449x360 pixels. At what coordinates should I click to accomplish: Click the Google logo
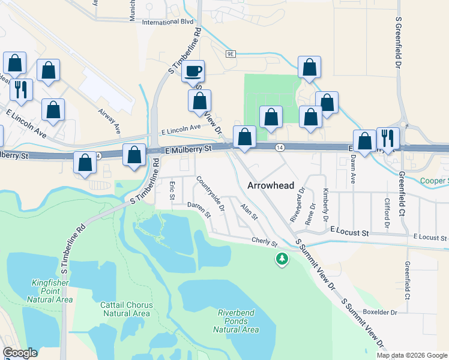tap(20, 353)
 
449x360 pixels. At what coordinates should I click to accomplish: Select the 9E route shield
tap(231, 54)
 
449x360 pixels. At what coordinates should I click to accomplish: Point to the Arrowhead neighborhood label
tap(269, 186)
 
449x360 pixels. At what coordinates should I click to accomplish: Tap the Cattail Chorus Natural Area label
tap(126, 309)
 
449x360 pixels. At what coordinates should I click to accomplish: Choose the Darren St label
tap(199, 209)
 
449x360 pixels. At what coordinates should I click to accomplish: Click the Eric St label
tap(172, 190)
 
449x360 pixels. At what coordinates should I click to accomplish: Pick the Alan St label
tap(249, 211)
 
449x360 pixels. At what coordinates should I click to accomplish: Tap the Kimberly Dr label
tap(326, 204)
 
